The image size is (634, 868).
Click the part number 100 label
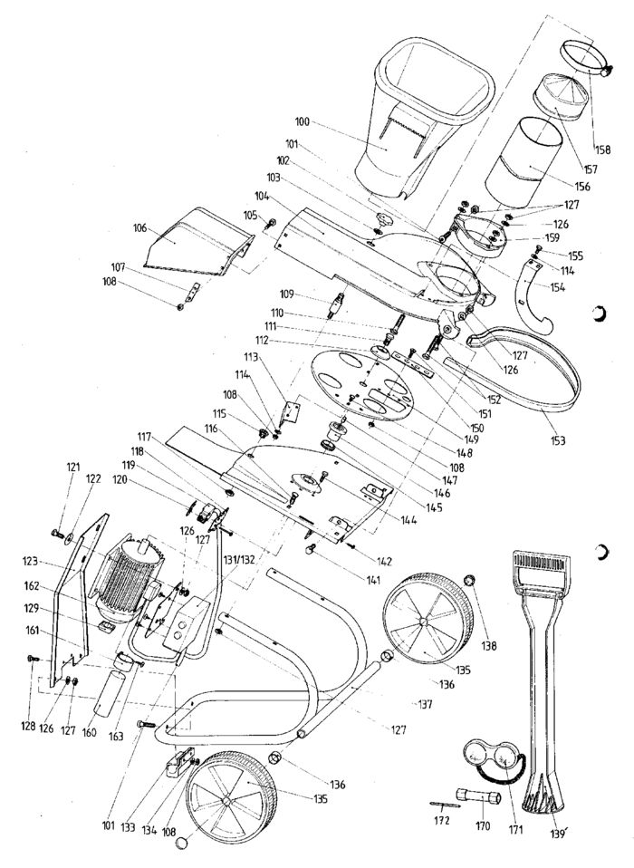tap(301, 120)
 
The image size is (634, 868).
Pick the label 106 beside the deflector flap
tap(139, 228)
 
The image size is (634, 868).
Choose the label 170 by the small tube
tap(482, 825)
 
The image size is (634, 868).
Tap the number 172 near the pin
tap(441, 820)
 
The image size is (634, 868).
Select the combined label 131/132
tap(230, 559)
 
